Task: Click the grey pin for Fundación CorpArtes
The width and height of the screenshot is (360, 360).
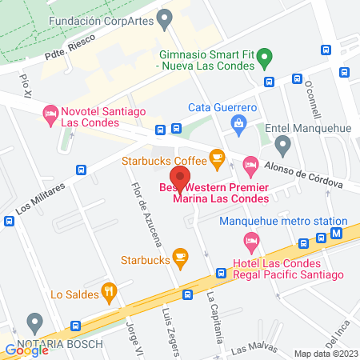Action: point(166,17)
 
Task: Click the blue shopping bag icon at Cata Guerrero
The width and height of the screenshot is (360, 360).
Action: point(238,122)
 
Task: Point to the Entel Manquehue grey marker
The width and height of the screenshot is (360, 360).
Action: point(282,144)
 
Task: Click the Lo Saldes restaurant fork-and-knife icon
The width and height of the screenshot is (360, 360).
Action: point(107,291)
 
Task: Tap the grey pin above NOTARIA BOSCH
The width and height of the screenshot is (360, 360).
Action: point(34,322)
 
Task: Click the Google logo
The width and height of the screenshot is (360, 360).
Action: point(26,349)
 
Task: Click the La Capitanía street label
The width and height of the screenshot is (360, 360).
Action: point(214,317)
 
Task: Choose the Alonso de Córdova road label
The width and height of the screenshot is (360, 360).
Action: point(307,174)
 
